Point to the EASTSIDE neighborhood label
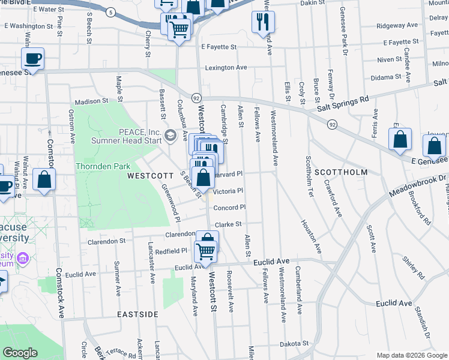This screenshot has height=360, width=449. click(x=137, y=314)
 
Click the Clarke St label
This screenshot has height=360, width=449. click(x=228, y=224)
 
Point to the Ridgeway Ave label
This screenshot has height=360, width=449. click(x=397, y=26)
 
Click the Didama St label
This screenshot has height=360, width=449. click(x=385, y=77)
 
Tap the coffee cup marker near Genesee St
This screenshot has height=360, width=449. click(x=32, y=59)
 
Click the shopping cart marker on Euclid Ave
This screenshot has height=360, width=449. click(x=206, y=251)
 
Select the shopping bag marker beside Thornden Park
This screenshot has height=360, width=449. click(x=44, y=179)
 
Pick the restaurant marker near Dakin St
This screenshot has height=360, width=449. click(x=263, y=22)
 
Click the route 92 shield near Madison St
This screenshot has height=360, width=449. click(x=196, y=97)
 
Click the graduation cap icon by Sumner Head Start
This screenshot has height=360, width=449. click(x=170, y=136)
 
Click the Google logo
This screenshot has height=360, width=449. click(x=20, y=353)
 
